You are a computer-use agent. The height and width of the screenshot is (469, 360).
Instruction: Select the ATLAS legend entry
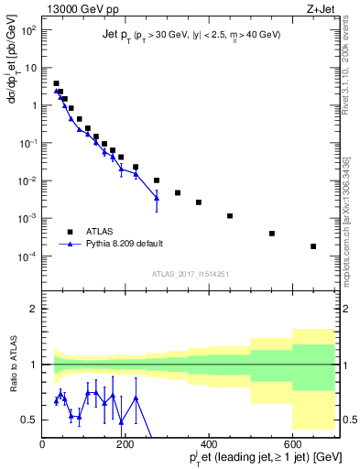[100, 231]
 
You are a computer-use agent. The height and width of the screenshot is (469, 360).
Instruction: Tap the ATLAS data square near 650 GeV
[313, 246]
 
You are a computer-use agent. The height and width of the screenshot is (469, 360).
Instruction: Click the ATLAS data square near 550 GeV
[272, 234]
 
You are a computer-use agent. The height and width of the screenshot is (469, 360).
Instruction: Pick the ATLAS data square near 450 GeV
[230, 216]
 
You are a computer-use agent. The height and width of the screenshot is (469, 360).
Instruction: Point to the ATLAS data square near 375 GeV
[199, 202]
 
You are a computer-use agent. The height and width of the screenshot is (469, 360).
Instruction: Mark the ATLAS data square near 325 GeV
[178, 192]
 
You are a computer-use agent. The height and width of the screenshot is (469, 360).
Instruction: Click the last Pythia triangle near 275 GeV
[157, 197]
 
